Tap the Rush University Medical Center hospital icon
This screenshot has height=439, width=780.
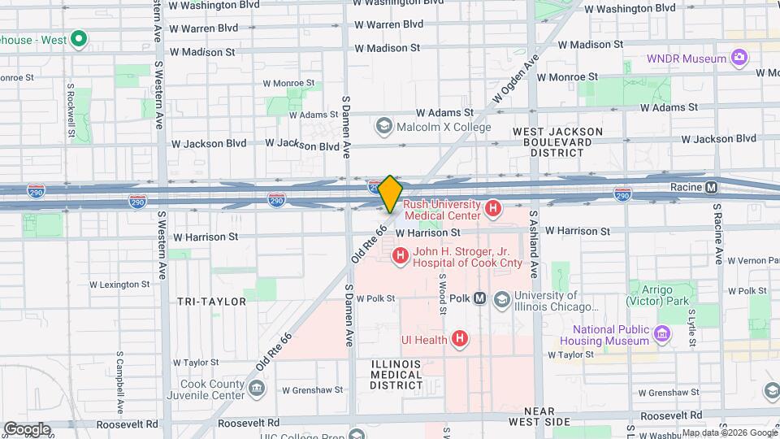(x=492, y=210)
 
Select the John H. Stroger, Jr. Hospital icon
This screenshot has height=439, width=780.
(x=400, y=257)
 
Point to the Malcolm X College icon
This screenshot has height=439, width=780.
(x=383, y=126)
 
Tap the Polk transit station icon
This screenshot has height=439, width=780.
(x=480, y=298)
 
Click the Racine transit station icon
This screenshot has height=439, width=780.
(x=712, y=187)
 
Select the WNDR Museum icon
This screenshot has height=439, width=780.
(x=739, y=59)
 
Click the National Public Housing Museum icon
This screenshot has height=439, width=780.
(x=662, y=334)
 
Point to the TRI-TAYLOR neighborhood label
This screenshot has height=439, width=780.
(x=211, y=302)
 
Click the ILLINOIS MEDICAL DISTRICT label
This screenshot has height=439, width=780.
(x=396, y=374)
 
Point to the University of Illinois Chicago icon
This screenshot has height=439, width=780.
(x=503, y=298)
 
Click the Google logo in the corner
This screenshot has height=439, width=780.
(x=27, y=429)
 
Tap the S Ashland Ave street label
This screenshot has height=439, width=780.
(x=534, y=245)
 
